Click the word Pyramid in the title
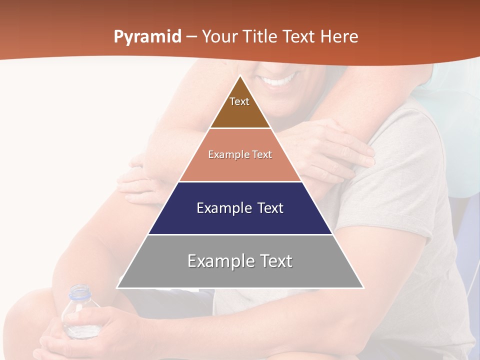(x=147, y=37)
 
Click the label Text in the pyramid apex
(x=239, y=101)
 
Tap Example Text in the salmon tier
(x=240, y=154)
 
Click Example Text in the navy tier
(x=240, y=208)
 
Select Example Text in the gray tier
(x=240, y=261)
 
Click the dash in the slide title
(x=191, y=37)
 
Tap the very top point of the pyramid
(x=240, y=76)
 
